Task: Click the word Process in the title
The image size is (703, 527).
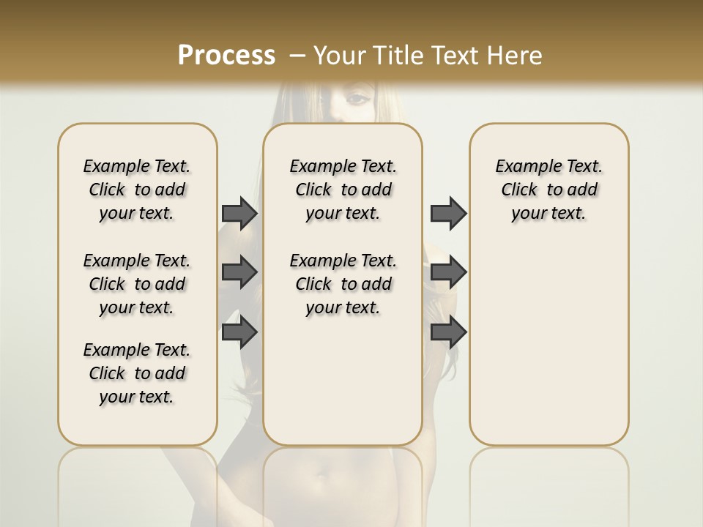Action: (226, 55)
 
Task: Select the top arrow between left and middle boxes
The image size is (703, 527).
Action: (239, 213)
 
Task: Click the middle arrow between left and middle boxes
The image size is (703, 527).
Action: (239, 272)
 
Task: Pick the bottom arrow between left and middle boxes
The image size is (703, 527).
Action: (239, 332)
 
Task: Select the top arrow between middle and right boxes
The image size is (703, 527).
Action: (448, 213)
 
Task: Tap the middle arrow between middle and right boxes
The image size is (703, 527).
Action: (448, 272)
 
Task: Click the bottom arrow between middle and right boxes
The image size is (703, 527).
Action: (448, 332)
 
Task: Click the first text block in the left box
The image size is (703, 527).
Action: (137, 190)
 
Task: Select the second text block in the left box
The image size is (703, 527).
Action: (137, 284)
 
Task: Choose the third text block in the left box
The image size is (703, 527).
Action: (137, 373)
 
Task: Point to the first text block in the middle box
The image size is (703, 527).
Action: (343, 190)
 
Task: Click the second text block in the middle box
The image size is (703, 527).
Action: (343, 284)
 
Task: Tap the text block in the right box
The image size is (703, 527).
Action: (548, 190)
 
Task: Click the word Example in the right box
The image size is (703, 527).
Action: (522, 167)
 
